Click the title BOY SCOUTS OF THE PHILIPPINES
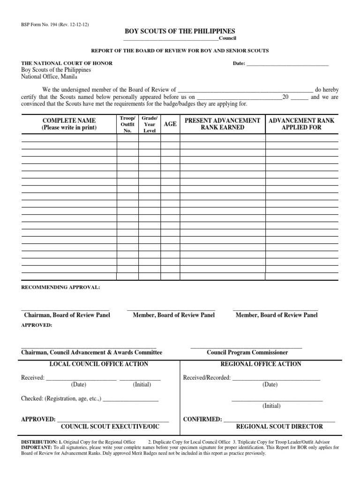pyautogui.click(x=180, y=31)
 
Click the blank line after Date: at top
pyautogui.click(x=287, y=64)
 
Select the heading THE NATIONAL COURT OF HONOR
pyautogui.click(x=67, y=63)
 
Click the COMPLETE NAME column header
pyautogui.click(x=69, y=124)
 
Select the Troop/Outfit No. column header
pyautogui.click(x=127, y=124)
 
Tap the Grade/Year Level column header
pyautogui.click(x=149, y=124)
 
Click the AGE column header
pyautogui.click(x=170, y=124)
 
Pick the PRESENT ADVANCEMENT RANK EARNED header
pyautogui.click(x=223, y=124)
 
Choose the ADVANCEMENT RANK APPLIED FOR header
pyautogui.click(x=301, y=124)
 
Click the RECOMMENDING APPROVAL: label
pyautogui.click(x=60, y=287)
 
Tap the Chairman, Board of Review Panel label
pyautogui.click(x=67, y=315)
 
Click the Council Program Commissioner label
pyautogui.click(x=247, y=352)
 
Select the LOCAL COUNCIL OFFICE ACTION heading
pyautogui.click(x=99, y=364)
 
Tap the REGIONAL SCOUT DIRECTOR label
pyautogui.click(x=279, y=427)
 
